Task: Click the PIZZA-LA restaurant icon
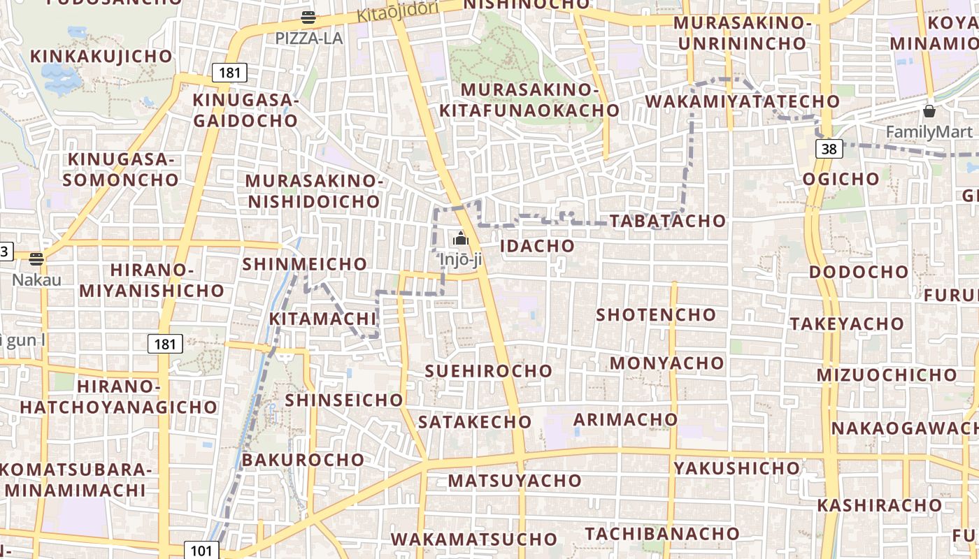point(308,17)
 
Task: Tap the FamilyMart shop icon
point(929,111)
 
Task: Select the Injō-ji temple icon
point(460,239)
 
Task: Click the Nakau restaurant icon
point(36,259)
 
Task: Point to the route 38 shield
point(829,148)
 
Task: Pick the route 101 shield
point(201,550)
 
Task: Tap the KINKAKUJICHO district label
point(101,56)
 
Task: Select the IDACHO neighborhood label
point(537,246)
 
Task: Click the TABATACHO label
point(668,221)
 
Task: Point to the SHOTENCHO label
point(656,314)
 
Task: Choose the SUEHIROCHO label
point(489,370)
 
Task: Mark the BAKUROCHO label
point(303,460)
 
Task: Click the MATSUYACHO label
point(515,481)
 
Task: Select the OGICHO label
point(841,179)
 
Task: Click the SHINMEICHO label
point(304,264)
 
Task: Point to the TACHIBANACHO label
point(662,534)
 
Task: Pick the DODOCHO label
point(859,272)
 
